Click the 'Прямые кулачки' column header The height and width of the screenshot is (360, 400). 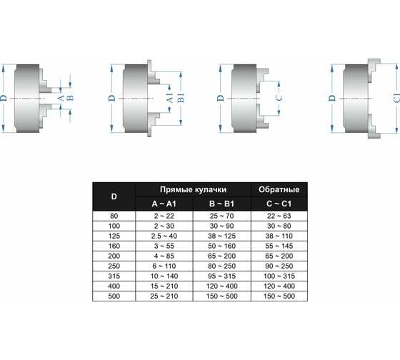point(193,189)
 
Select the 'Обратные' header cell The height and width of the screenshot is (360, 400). point(279,189)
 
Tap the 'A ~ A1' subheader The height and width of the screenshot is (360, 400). point(164,204)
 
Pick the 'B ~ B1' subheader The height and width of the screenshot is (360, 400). point(221,204)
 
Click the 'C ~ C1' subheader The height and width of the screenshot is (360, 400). point(279,204)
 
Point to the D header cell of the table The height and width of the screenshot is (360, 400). point(114,196)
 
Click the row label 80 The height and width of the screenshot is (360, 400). point(114,216)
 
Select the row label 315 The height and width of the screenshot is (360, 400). point(114,276)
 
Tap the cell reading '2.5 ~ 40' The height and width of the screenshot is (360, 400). point(164,236)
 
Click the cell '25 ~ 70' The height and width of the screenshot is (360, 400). point(221,216)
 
